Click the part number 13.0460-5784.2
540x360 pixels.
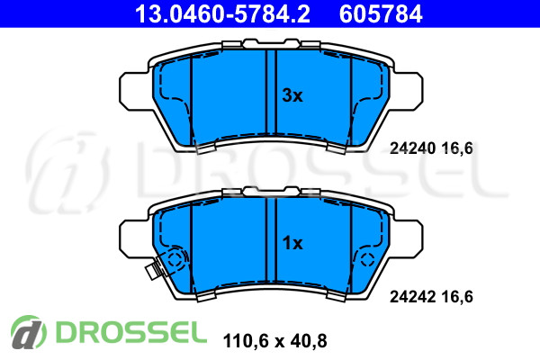pyautogui.click(x=222, y=13)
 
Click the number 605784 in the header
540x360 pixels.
pyautogui.click(x=381, y=13)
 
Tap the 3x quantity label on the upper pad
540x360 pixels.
pyautogui.click(x=292, y=95)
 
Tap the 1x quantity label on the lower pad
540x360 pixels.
pyautogui.click(x=292, y=243)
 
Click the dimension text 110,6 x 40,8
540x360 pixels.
pyautogui.click(x=274, y=341)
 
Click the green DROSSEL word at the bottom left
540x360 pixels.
pyautogui.click(x=131, y=332)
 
